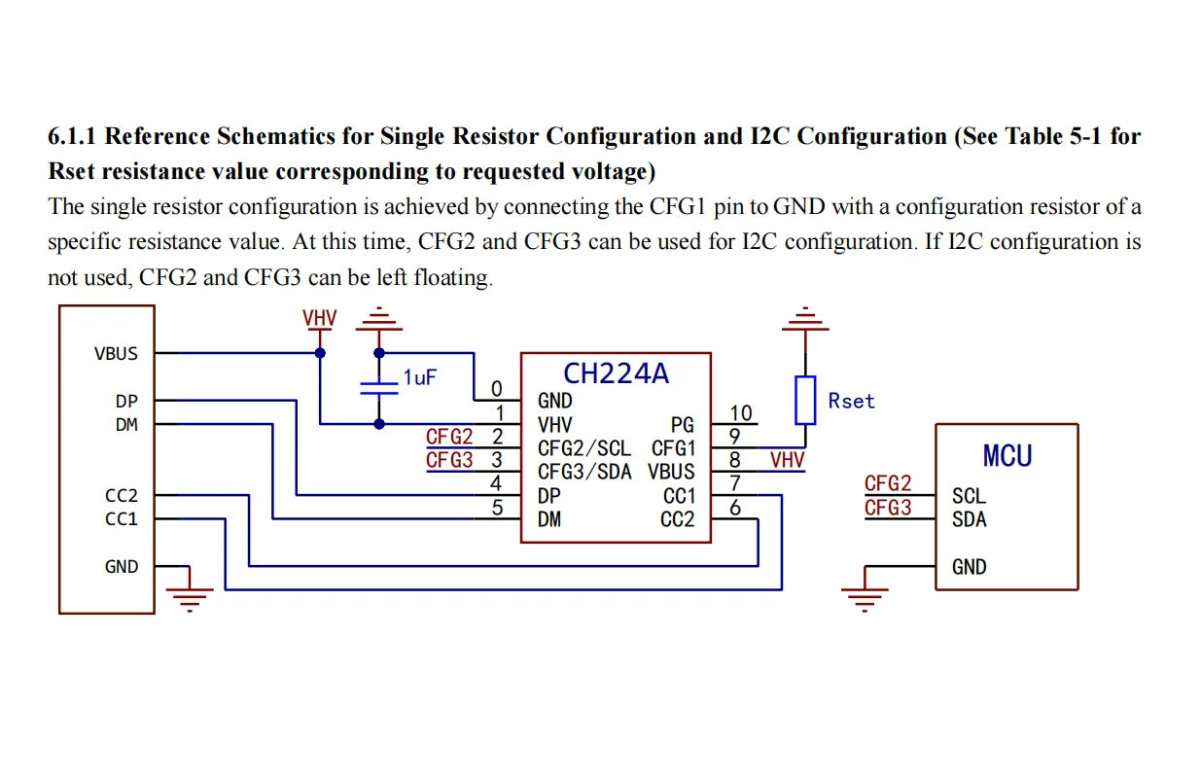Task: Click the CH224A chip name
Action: [616, 373]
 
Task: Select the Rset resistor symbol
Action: [805, 400]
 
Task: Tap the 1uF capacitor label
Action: [419, 377]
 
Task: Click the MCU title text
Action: [1007, 455]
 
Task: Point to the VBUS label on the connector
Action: [116, 354]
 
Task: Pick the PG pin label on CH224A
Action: [683, 425]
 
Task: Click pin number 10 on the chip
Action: [741, 414]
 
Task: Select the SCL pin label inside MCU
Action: [969, 496]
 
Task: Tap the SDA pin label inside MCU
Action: [970, 519]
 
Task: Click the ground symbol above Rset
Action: [804, 318]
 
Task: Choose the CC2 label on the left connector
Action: [122, 496]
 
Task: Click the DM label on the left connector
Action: [126, 424]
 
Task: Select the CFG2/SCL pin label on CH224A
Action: [583, 448]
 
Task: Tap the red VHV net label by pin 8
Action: [787, 460]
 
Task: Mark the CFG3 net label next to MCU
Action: [888, 508]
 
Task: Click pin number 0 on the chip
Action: [497, 390]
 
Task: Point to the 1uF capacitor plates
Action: [379, 387]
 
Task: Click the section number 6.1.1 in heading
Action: [77, 136]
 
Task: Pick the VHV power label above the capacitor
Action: [319, 318]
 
